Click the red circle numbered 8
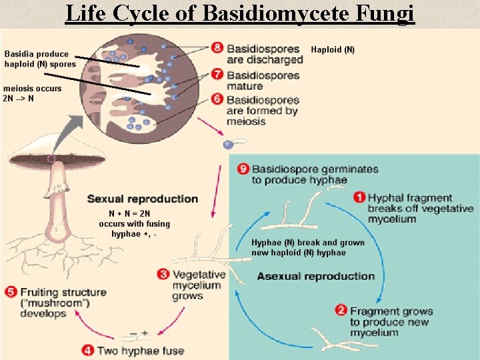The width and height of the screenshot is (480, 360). pyautogui.click(x=217, y=48)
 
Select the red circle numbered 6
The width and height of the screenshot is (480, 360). pyautogui.click(x=217, y=98)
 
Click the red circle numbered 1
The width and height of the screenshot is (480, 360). pyautogui.click(x=359, y=197)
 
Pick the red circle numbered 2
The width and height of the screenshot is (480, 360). pyautogui.click(x=341, y=310)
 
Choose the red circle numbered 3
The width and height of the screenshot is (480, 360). pyautogui.click(x=163, y=273)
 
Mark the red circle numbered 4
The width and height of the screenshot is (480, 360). pyautogui.click(x=88, y=350)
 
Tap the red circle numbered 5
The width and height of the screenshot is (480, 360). pyautogui.click(x=11, y=292)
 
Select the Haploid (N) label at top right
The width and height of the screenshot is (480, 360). pyautogui.click(x=333, y=50)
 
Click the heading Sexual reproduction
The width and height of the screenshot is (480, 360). pyautogui.click(x=143, y=199)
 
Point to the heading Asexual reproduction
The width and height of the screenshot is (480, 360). pyautogui.click(x=316, y=276)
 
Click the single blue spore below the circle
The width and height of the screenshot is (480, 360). pyautogui.click(x=229, y=144)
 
